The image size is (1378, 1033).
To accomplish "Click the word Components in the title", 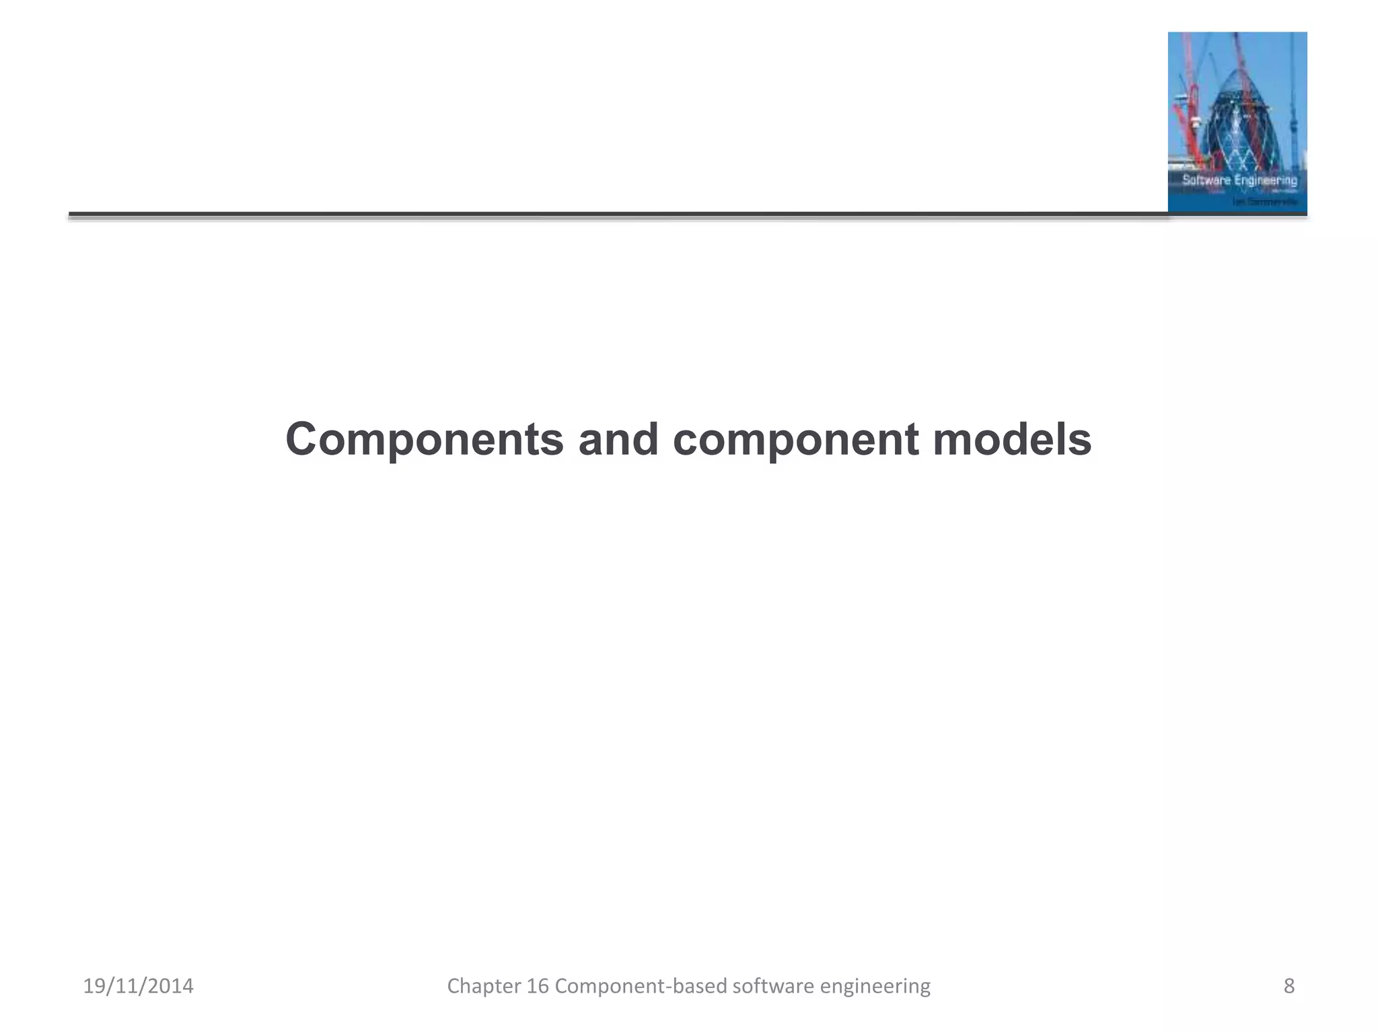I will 424,441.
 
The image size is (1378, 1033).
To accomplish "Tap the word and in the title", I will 618,441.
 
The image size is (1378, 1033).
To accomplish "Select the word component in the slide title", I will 795,441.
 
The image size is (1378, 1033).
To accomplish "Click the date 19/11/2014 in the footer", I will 138,986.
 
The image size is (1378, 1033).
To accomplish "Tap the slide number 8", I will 1289,986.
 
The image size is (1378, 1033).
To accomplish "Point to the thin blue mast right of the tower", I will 1293,101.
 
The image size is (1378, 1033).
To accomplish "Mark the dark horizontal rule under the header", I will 606,215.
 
